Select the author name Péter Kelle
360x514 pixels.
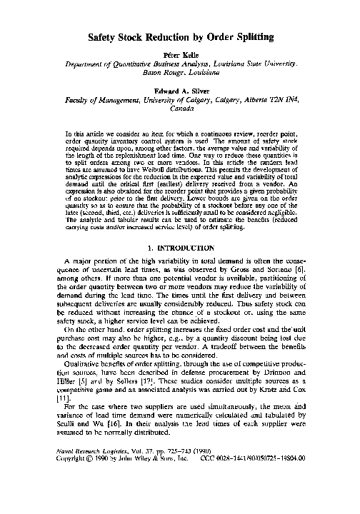click(x=179, y=54)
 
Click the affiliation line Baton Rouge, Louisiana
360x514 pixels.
click(x=179, y=73)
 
